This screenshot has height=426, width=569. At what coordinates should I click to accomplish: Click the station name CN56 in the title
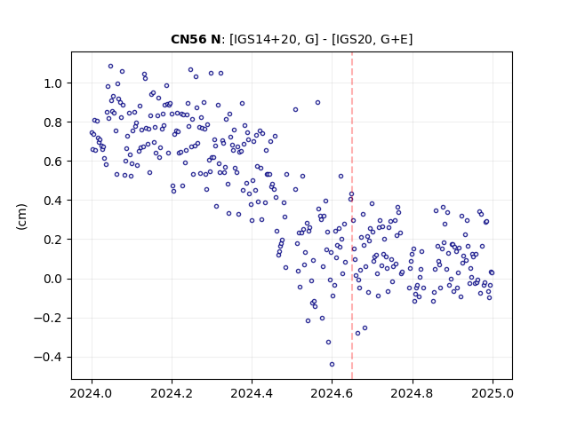(x=188, y=39)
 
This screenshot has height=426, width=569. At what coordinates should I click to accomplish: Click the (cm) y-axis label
(x=21, y=217)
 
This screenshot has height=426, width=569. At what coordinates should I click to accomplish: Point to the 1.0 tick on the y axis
(x=52, y=83)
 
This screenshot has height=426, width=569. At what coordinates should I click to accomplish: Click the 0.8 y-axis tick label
(x=52, y=122)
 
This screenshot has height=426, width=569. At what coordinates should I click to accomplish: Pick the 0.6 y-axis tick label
(x=52, y=162)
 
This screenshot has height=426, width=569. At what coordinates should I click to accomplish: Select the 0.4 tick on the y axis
(x=52, y=201)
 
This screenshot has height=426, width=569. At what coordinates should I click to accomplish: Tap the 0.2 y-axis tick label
(x=52, y=240)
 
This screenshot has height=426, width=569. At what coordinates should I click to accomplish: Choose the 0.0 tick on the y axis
(x=52, y=279)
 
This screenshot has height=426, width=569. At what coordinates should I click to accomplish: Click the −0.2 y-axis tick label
(x=48, y=318)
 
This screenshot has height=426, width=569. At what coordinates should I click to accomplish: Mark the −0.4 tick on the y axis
(x=48, y=357)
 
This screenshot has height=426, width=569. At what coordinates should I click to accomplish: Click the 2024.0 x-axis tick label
(x=92, y=393)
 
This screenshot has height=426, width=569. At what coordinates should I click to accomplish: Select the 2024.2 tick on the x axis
(x=172, y=393)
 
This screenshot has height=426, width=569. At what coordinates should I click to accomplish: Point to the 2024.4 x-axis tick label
(x=252, y=393)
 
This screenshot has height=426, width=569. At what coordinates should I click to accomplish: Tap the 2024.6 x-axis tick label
(x=332, y=393)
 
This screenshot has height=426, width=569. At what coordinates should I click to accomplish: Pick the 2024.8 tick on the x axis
(x=413, y=393)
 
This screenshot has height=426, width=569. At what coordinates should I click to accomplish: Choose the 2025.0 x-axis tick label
(x=493, y=393)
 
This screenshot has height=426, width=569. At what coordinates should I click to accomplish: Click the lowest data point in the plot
(x=332, y=365)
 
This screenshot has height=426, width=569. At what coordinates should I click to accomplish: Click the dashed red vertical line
(x=352, y=216)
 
